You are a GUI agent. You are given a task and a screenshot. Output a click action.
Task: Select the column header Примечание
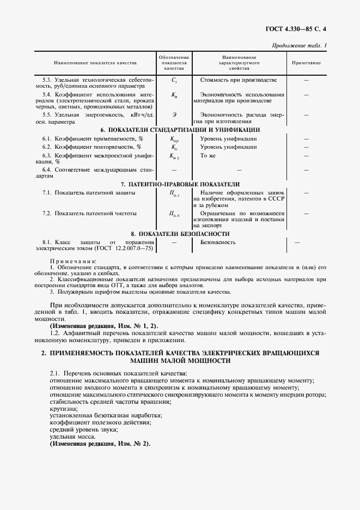click(306, 63)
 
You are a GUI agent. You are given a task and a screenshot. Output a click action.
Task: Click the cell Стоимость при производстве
click(235, 80)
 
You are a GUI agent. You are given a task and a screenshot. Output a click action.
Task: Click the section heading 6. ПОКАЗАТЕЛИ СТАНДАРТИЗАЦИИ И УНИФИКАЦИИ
click(180, 130)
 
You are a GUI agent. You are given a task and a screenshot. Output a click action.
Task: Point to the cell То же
click(208, 156)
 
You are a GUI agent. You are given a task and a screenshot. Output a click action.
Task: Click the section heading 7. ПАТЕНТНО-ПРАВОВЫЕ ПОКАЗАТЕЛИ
click(180, 184)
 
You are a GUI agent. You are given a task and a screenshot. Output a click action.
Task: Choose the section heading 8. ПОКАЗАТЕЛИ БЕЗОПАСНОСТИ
click(180, 233)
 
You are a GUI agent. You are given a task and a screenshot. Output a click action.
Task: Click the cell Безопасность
click(218, 241)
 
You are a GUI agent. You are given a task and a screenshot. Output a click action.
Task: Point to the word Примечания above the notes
click(72, 262)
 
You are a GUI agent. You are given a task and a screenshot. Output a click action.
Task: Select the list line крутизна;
click(63, 409)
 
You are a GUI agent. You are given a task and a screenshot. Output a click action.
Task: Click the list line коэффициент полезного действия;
click(100, 423)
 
